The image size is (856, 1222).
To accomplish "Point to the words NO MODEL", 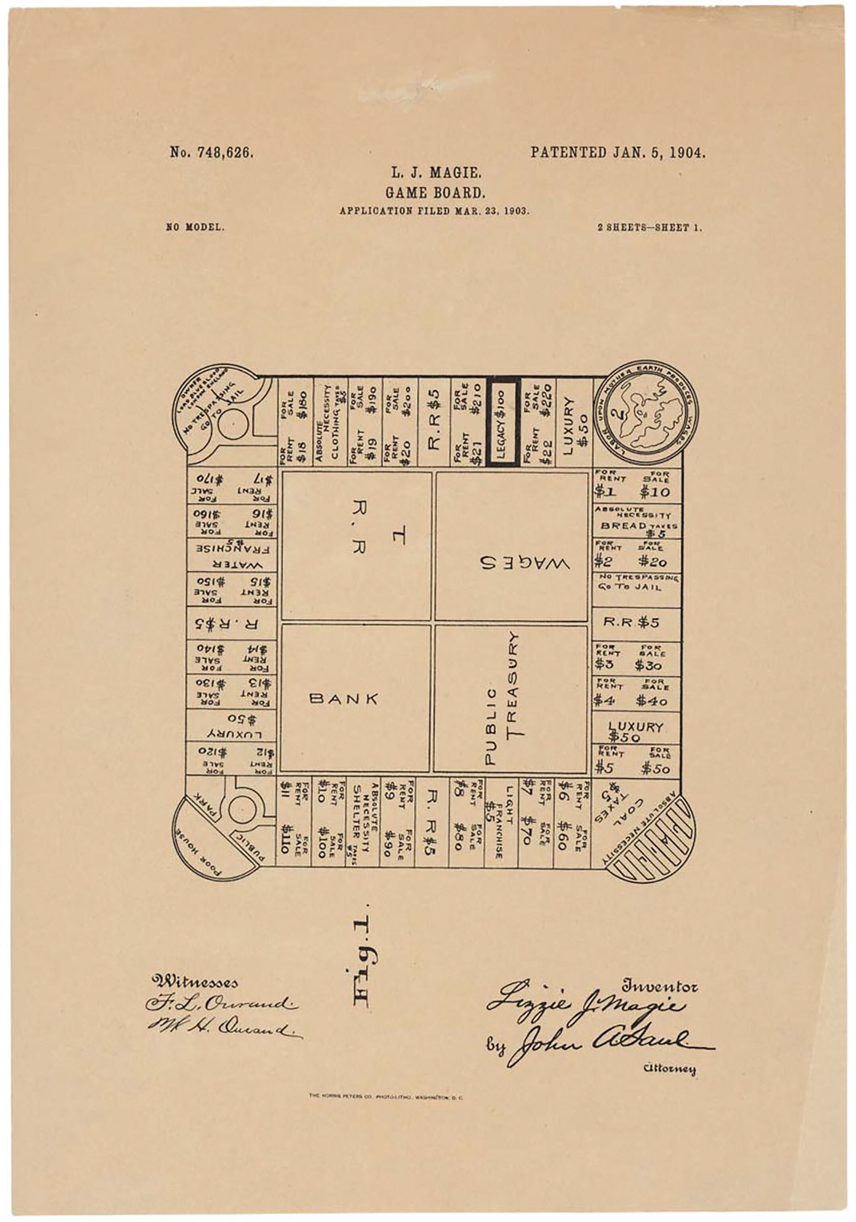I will click(195, 227).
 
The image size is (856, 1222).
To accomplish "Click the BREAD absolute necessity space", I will click(637, 522).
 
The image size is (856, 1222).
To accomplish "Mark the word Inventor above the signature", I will click(659, 986).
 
